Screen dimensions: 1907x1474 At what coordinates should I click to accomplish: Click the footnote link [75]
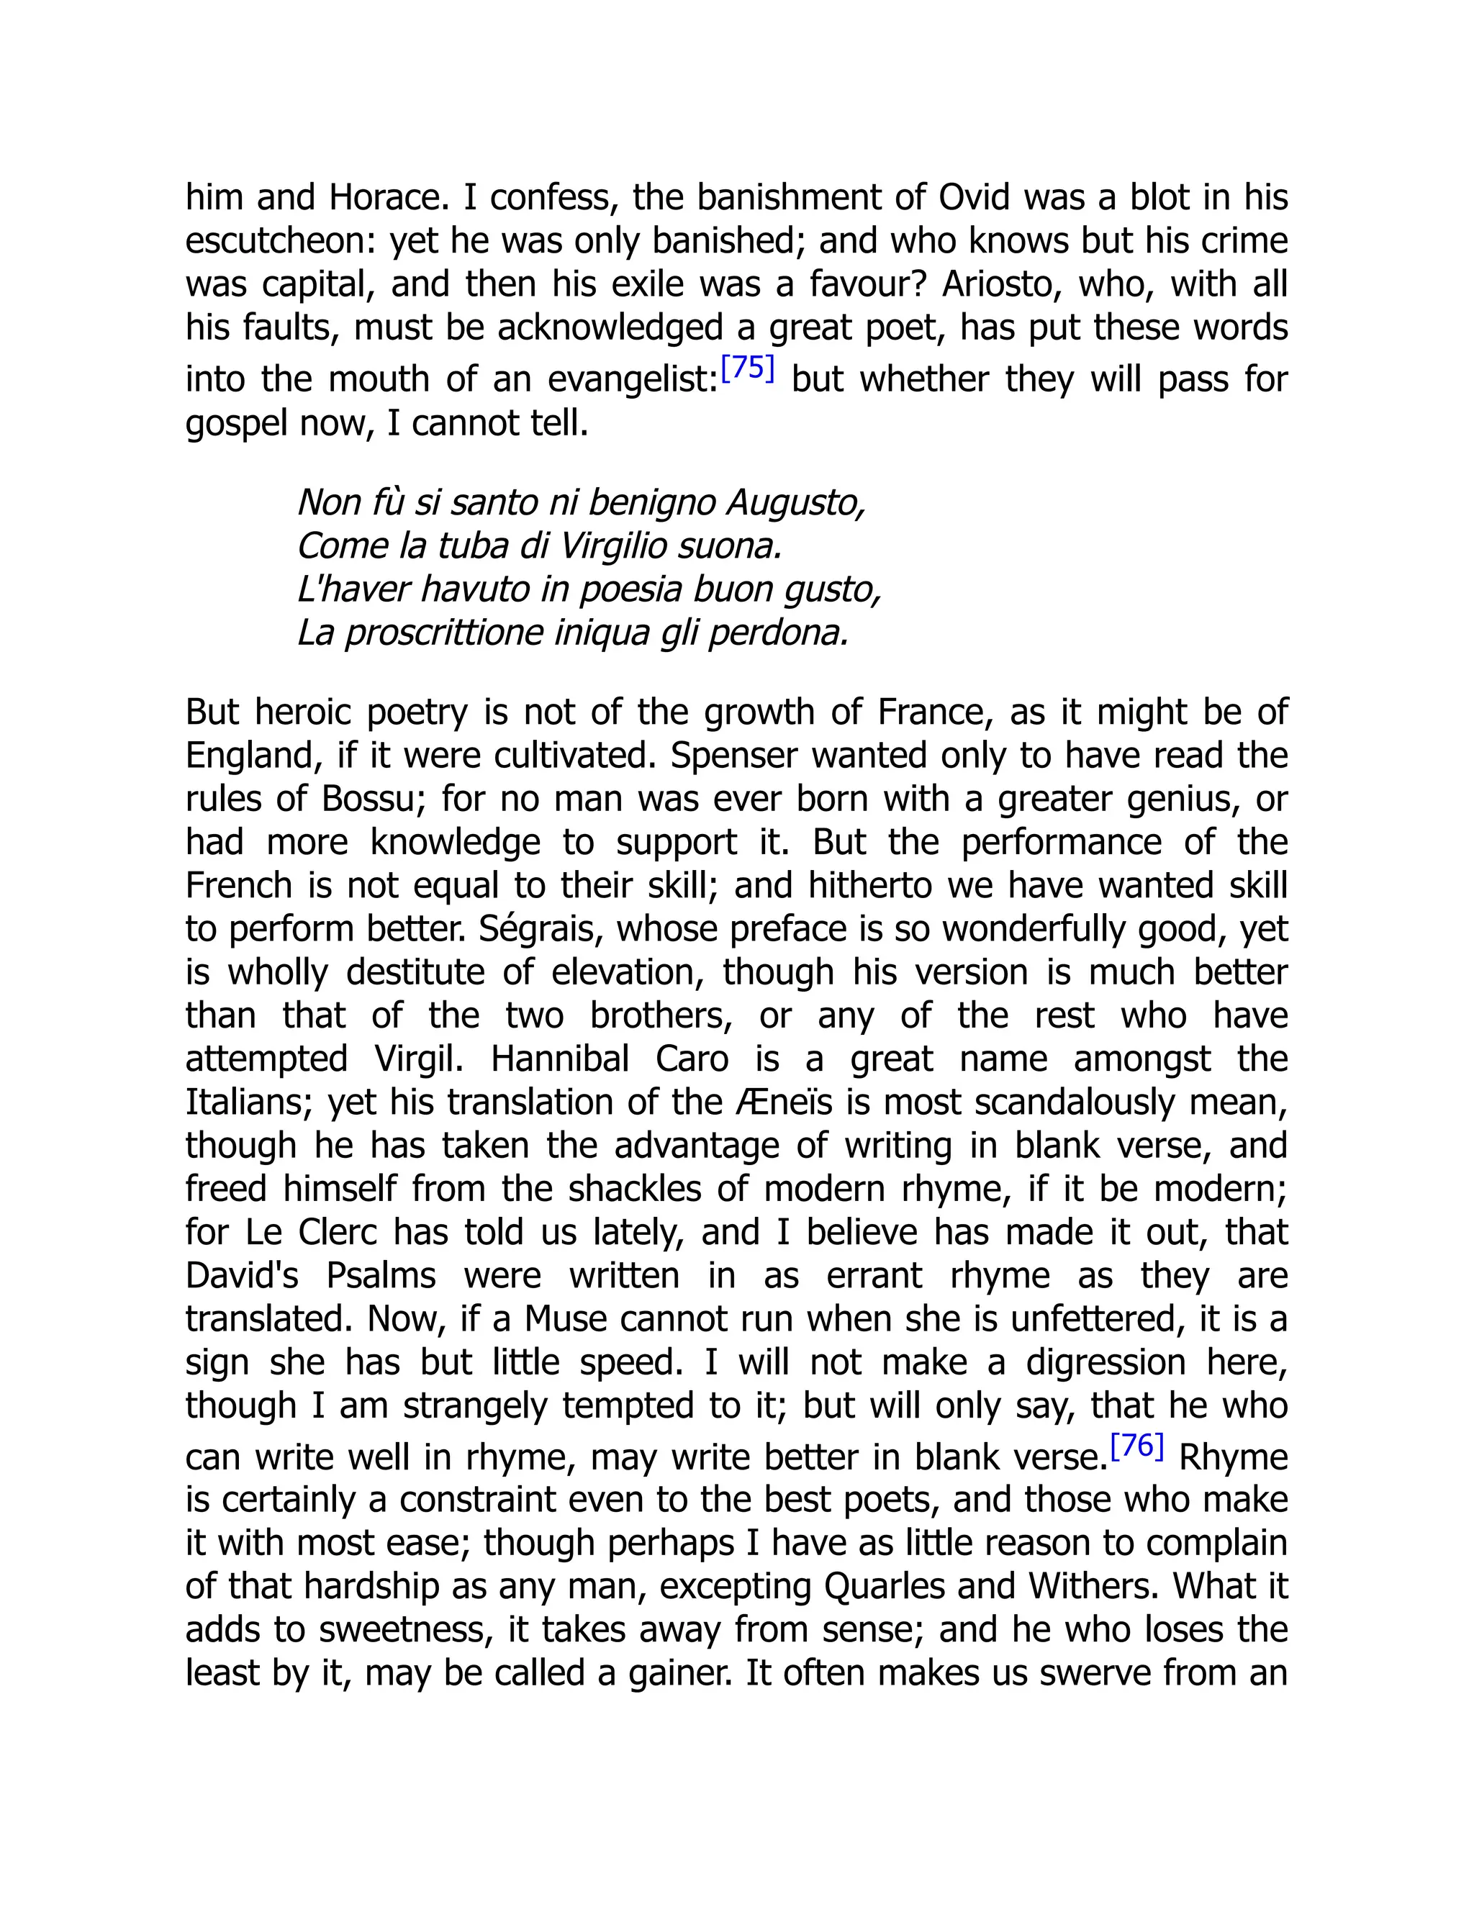748,368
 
